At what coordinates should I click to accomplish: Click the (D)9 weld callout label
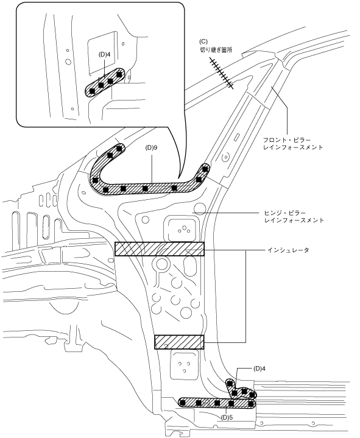152,148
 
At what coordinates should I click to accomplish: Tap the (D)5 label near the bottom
227,418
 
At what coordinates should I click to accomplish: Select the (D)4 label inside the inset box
104,54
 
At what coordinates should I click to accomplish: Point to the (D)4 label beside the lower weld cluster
259,369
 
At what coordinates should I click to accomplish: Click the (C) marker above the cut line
203,41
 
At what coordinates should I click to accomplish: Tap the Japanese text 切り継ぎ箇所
216,50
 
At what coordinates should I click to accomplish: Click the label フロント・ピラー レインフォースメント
293,144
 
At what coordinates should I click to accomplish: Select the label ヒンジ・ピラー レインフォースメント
294,216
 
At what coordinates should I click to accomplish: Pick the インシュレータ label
289,250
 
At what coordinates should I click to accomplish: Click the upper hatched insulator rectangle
160,249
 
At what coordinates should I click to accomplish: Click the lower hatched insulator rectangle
179,342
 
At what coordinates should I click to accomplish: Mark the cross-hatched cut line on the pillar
222,74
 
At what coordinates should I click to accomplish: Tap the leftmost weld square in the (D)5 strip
183,403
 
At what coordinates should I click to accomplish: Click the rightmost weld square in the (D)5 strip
251,404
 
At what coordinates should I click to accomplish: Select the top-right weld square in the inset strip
119,74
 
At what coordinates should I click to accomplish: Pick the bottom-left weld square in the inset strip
92,91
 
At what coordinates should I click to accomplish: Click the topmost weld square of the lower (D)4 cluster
230,383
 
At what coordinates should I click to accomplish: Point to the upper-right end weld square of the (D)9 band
205,169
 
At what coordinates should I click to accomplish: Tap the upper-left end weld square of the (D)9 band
119,148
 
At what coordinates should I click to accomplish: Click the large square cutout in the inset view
102,53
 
